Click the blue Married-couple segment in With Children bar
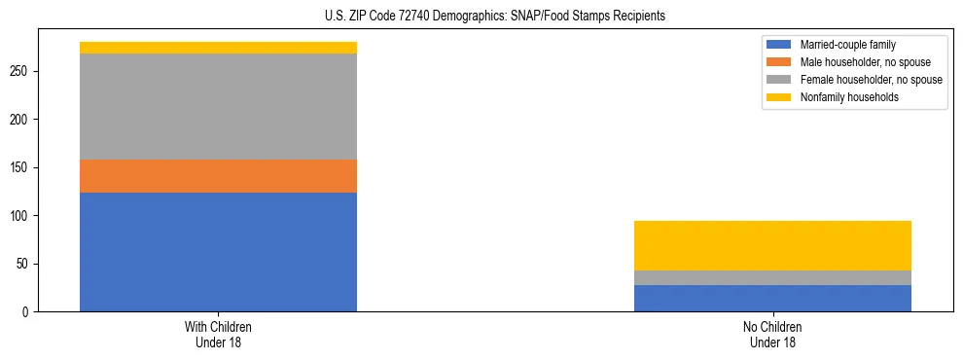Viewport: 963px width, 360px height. coord(218,252)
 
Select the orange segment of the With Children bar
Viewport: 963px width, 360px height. coord(218,176)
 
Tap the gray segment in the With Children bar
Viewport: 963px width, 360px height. coord(218,106)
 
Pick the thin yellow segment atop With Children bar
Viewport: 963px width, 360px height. coord(218,48)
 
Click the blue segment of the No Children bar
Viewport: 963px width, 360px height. coord(772,298)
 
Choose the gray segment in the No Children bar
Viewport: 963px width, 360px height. coord(772,277)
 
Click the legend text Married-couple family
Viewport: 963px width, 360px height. coord(847,45)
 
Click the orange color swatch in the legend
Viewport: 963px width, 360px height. coord(779,62)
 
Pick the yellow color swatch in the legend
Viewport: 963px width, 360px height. coord(779,97)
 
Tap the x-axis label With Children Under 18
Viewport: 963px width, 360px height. coord(218,334)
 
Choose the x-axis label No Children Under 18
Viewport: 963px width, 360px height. coord(772,334)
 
